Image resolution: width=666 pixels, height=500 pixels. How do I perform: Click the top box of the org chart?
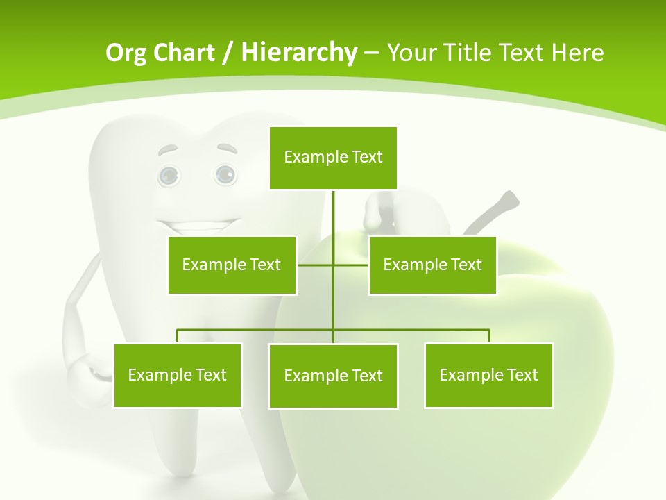click(x=333, y=158)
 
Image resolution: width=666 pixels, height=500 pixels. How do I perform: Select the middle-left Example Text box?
click(x=232, y=265)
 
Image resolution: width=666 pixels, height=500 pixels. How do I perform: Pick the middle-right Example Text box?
click(x=432, y=265)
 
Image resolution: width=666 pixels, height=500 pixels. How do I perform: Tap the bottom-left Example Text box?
click(x=178, y=375)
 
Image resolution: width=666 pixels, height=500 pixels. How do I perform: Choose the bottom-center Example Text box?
click(x=333, y=376)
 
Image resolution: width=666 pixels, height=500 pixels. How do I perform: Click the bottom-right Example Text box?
click(x=488, y=375)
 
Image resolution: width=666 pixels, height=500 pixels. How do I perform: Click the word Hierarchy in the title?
click(x=299, y=52)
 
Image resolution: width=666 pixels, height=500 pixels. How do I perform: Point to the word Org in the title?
click(x=126, y=52)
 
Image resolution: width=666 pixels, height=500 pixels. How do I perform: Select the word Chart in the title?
click(x=183, y=52)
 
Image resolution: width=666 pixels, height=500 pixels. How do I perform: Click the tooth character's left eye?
click(x=169, y=176)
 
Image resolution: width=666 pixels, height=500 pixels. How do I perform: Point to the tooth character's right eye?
click(x=225, y=174)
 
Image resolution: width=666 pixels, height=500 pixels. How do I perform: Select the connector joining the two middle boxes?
click(x=333, y=265)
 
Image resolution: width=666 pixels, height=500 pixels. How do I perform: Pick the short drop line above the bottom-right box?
click(x=489, y=336)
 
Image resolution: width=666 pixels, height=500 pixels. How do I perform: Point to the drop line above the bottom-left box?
click(x=178, y=336)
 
